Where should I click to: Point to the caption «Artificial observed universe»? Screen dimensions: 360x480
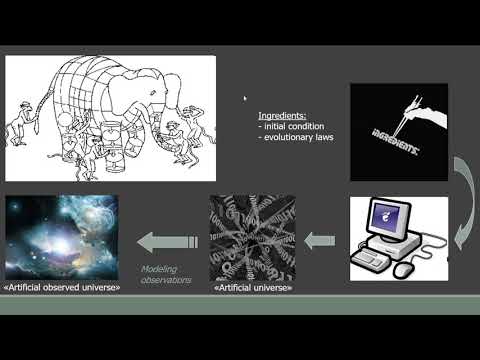pos(62,287)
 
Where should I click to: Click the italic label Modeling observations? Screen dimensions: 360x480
pos(164,275)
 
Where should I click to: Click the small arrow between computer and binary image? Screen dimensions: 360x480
pos(319,240)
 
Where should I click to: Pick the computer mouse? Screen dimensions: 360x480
pos(404,270)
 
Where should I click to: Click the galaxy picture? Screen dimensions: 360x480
pos(62,238)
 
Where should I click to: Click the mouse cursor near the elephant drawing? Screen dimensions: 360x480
pos(245,98)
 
